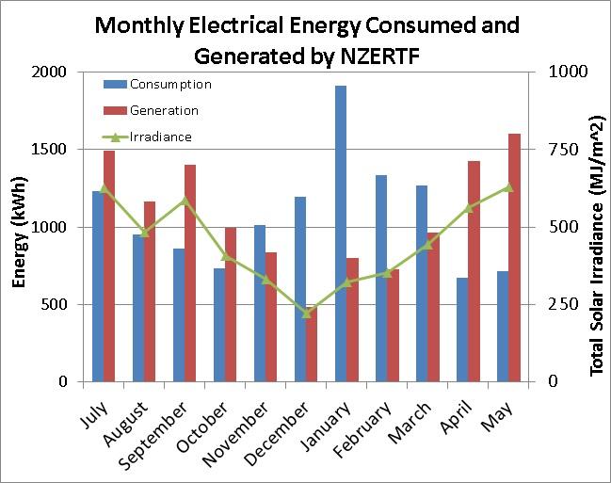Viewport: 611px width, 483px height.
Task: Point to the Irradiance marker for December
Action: click(x=306, y=313)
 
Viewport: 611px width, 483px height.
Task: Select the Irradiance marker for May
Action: click(x=508, y=187)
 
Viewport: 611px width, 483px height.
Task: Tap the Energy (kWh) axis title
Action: click(x=20, y=227)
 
